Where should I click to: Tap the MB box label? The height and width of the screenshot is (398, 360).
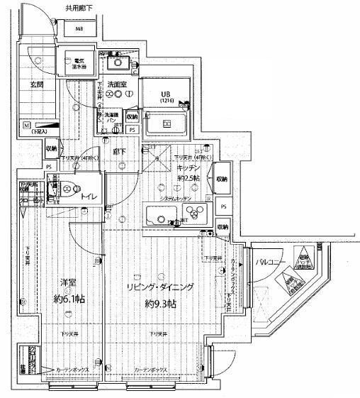click(x=79, y=30)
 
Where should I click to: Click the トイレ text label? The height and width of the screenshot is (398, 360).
click(x=89, y=197)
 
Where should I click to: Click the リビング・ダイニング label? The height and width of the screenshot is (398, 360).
click(x=159, y=287)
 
